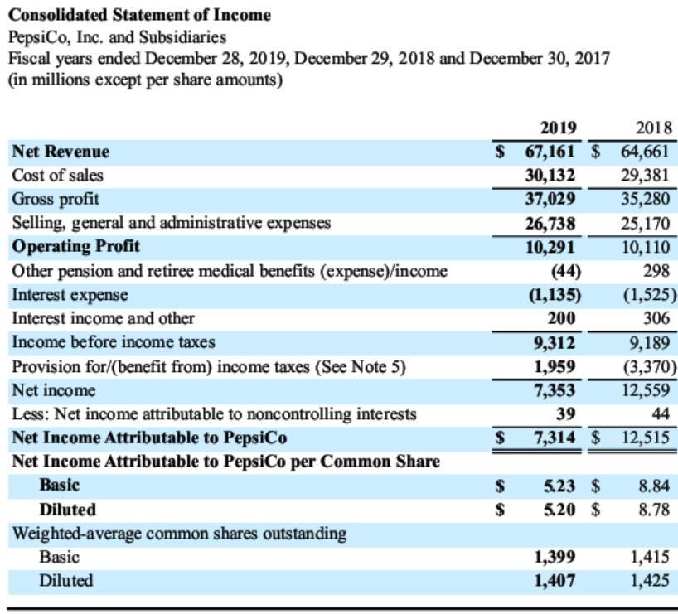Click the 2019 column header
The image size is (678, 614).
coord(558,128)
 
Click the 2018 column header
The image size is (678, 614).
coord(653,128)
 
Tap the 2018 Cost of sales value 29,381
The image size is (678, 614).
coord(647,176)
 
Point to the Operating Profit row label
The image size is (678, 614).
coord(75,246)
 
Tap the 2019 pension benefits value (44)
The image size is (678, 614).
coord(564,270)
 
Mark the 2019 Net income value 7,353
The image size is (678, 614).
coord(555,389)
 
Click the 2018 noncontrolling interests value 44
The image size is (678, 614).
coord(661,413)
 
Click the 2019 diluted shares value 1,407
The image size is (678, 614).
coord(555,581)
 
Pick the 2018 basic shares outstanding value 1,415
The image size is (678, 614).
coord(651,557)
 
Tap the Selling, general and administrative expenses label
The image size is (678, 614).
coord(171,223)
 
